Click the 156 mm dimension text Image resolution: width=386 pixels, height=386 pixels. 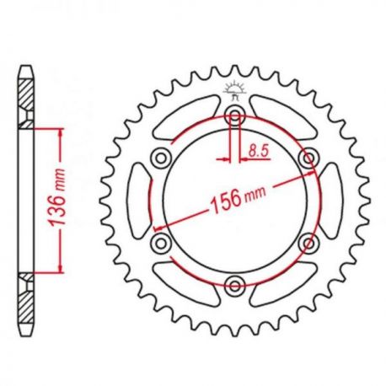coord(239,198)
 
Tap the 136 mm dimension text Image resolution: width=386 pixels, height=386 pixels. coord(57,197)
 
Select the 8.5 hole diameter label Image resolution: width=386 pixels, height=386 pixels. coord(259,151)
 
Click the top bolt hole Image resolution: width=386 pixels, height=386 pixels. coord(235,115)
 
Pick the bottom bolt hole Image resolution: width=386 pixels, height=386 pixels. coord(235,286)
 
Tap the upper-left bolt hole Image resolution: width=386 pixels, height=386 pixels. coord(161,158)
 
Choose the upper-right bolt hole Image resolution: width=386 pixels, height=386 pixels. coord(309,158)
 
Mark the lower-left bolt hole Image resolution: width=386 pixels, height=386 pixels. coord(161,243)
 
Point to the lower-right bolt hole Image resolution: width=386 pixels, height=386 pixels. coord(309,243)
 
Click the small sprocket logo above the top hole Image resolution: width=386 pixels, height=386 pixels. coord(235,90)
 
